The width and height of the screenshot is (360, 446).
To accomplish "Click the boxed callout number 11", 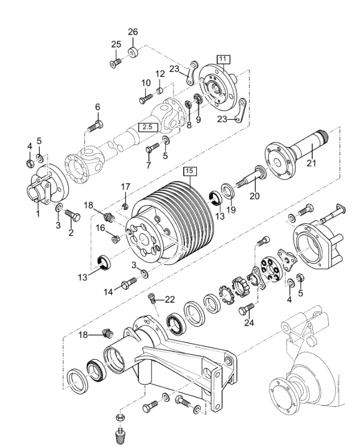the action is pyautogui.click(x=223, y=59).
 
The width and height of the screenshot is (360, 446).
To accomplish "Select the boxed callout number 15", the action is pyautogui.click(x=190, y=171).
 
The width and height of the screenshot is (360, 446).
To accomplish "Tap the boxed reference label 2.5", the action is pyautogui.click(x=148, y=127).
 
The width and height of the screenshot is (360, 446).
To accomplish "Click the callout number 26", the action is pyautogui.click(x=133, y=32).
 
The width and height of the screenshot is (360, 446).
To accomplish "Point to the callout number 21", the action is pyautogui.click(x=312, y=163).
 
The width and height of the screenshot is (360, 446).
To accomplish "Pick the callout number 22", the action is pyautogui.click(x=169, y=300).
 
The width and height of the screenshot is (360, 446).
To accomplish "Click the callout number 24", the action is pyautogui.click(x=249, y=323).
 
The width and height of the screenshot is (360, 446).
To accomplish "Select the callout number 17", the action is pyautogui.click(x=125, y=187).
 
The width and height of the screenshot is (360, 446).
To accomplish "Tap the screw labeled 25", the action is pyautogui.click(x=115, y=63).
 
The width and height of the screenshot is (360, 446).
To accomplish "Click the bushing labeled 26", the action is pyautogui.click(x=133, y=52).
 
